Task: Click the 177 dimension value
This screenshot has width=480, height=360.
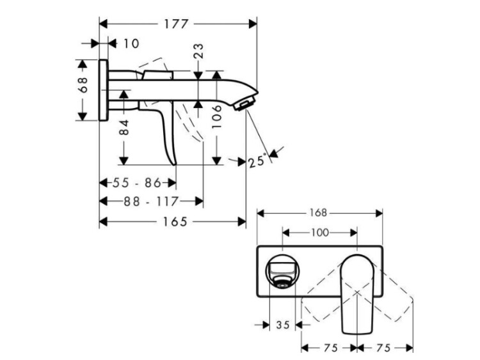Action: click(176, 24)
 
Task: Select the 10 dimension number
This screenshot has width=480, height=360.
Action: click(131, 43)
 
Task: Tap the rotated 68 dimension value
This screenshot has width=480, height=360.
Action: click(83, 84)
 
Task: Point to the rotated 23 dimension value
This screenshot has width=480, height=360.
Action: click(198, 51)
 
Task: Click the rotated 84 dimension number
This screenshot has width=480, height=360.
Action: click(124, 128)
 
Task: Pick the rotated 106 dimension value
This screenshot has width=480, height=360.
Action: click(216, 116)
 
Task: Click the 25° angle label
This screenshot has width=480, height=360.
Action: click(256, 160)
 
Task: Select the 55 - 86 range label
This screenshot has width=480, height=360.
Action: click(136, 183)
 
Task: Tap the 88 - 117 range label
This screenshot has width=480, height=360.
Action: click(150, 201)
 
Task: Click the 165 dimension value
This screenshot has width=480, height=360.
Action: click(175, 221)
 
